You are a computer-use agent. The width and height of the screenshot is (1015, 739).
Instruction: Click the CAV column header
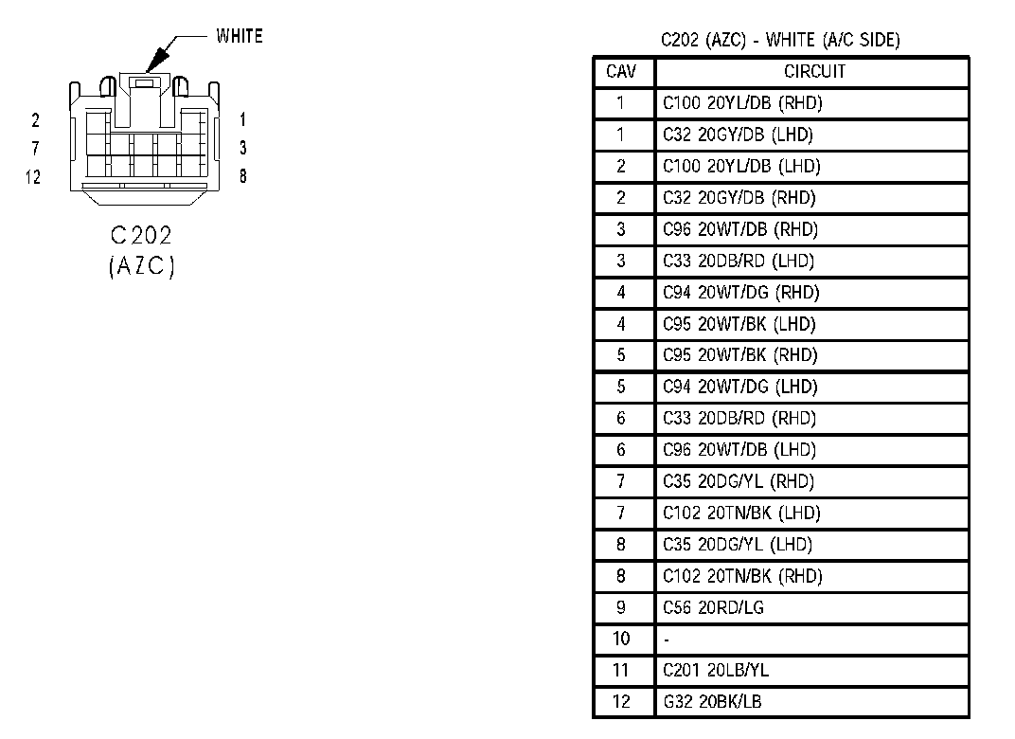[x=621, y=72]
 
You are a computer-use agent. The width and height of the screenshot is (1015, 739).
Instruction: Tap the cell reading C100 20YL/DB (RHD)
[x=736, y=103]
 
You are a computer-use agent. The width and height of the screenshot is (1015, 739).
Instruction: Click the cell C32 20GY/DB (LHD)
[x=738, y=135]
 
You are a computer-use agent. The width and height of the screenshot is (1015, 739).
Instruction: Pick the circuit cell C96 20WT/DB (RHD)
[x=739, y=229]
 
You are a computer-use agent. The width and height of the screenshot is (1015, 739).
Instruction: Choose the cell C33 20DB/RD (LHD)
[x=738, y=261]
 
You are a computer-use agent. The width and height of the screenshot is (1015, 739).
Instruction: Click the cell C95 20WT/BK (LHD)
[x=738, y=324]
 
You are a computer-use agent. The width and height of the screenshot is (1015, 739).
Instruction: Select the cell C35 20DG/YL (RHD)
[x=738, y=481]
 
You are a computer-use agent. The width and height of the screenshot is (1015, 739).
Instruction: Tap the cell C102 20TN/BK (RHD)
[x=742, y=576]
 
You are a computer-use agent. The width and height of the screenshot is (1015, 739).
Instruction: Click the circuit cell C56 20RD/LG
[x=713, y=607]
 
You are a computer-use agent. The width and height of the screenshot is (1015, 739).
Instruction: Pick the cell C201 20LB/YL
[x=715, y=671]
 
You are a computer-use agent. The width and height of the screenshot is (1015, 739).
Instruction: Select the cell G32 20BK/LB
[x=712, y=702]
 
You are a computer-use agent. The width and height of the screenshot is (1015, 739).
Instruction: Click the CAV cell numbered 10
[x=621, y=639]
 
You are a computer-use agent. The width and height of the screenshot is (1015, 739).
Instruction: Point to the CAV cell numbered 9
[x=621, y=607]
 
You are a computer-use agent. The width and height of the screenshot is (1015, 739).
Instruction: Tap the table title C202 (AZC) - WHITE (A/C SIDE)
[x=780, y=40]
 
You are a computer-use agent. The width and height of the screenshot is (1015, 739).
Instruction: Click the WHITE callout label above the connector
[x=240, y=37]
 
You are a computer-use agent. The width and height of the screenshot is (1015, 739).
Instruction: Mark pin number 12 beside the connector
[x=35, y=177]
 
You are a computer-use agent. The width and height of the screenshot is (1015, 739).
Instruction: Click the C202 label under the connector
[x=142, y=236]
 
